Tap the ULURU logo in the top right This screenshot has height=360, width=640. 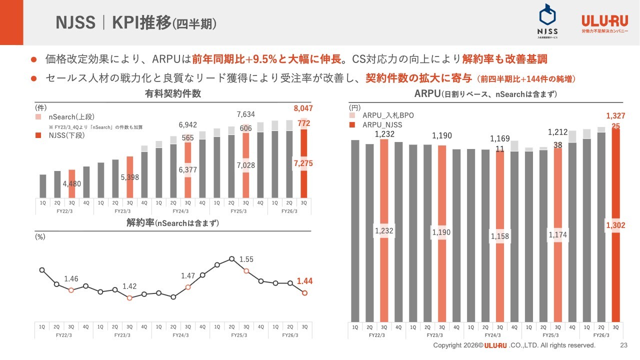[604, 23]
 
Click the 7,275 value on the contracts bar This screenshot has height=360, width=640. [304, 163]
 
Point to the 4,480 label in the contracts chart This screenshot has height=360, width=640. [71, 183]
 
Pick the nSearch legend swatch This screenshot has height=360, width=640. [38, 116]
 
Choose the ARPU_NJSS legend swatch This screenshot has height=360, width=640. [352, 124]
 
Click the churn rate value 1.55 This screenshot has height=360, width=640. [246, 259]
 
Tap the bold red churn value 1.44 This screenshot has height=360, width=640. [304, 281]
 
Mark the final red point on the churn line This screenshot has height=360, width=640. [304, 293]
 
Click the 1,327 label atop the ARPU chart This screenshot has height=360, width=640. [615, 116]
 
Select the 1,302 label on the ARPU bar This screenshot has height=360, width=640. [615, 225]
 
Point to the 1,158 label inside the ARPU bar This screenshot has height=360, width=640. [499, 236]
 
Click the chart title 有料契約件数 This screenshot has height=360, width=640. [173, 94]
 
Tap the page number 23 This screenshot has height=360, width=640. [623, 345]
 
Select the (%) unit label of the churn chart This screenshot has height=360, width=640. [40, 237]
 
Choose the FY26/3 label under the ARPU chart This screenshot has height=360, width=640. [600, 335]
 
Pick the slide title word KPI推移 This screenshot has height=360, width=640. [141, 23]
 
